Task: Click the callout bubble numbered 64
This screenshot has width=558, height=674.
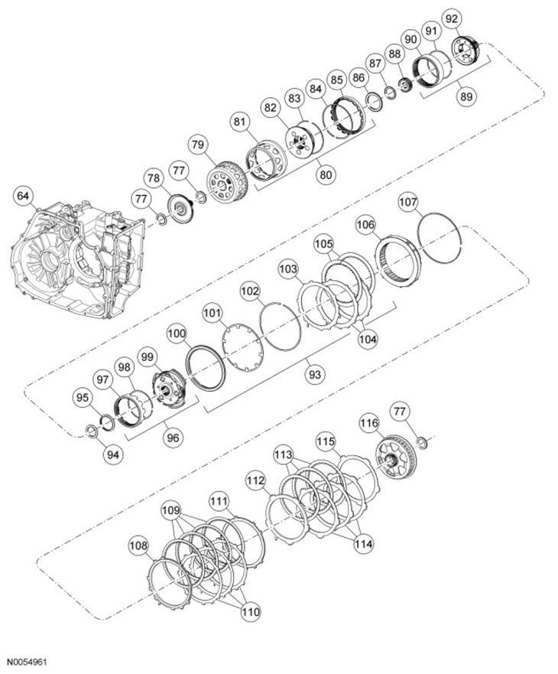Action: coord(24,197)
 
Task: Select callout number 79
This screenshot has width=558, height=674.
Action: coord(198,144)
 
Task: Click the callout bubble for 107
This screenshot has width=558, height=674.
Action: coord(408,203)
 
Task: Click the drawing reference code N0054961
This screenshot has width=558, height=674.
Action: coord(27,659)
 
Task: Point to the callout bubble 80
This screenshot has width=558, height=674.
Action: coord(326,174)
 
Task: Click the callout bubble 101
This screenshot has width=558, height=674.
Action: coord(212,312)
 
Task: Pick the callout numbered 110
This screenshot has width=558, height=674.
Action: coord(250,611)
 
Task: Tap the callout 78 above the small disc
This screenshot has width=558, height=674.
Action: coord(154,178)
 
